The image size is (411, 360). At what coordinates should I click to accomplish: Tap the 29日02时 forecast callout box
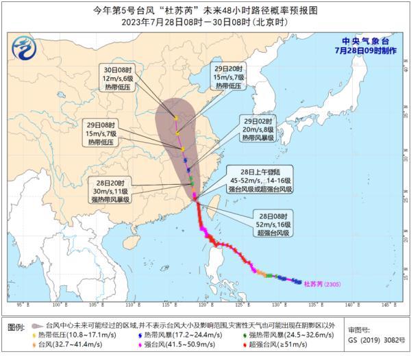tap(258, 127)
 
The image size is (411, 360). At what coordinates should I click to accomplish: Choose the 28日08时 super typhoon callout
tap(274, 222)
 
